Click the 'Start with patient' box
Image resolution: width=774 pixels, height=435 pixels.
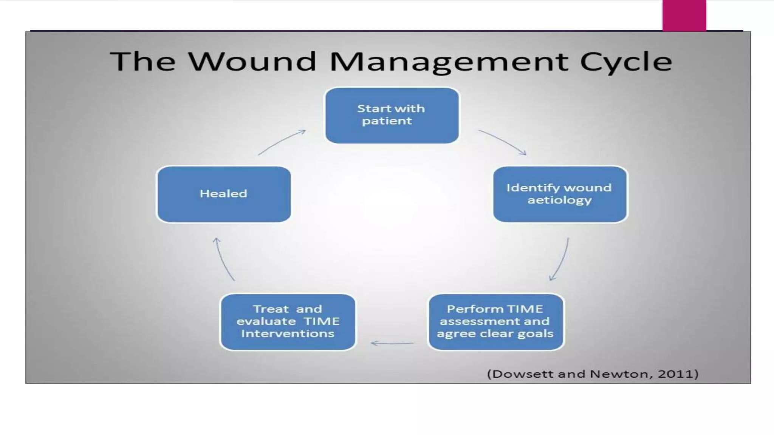point(392,115)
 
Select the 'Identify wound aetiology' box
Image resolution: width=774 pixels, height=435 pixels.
point(560,194)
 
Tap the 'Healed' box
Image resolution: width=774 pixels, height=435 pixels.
point(224,194)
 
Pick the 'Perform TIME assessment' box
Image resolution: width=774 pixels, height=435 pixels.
point(495,322)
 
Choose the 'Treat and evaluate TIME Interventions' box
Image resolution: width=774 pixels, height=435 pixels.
point(288,322)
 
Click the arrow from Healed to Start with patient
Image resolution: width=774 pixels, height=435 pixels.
point(282,142)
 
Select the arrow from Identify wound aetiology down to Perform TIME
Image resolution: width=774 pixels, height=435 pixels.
point(560,259)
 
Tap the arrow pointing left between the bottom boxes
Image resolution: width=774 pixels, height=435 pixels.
point(392,343)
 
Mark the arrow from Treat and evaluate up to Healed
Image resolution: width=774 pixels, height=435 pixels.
point(224,259)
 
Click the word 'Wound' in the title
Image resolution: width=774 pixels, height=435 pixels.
point(252,61)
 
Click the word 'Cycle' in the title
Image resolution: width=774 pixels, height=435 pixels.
point(626,62)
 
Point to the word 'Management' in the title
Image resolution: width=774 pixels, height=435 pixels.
point(449,62)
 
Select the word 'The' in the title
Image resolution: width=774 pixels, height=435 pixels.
point(143,61)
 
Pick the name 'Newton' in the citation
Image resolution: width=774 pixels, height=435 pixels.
point(618,374)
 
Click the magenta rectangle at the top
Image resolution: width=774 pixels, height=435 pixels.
point(684,15)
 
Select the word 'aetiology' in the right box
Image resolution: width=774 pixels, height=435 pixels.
point(559,200)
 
